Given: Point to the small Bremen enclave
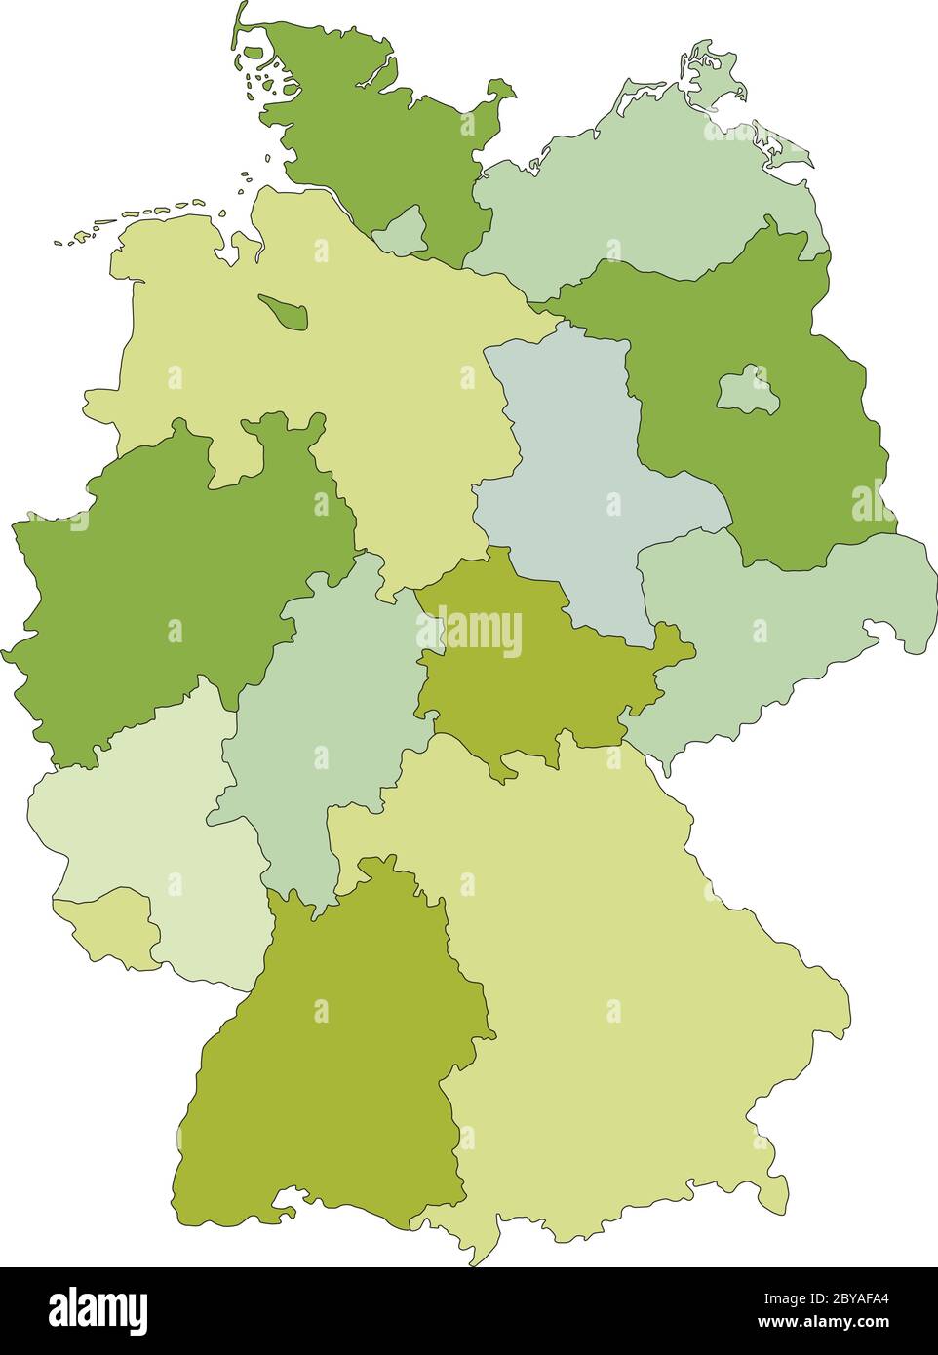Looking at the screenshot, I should [x=285, y=312].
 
